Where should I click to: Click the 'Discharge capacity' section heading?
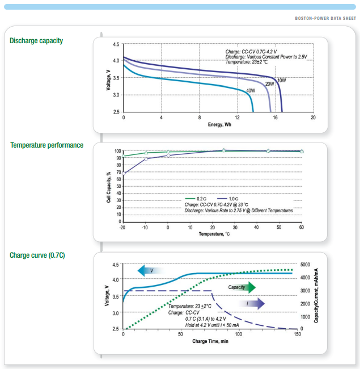[36, 41]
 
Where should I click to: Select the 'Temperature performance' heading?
[46, 145]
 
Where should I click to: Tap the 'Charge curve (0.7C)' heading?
[37, 255]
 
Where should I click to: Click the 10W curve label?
[282, 81]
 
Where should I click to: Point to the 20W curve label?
[270, 84]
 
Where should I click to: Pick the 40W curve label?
[251, 91]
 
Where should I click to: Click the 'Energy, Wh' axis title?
[219, 124]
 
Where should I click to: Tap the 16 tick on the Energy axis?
[275, 117]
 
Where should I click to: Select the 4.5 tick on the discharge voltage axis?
[116, 44]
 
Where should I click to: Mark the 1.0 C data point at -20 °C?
[124, 173]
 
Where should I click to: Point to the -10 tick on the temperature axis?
[146, 227]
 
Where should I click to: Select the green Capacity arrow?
[241, 287]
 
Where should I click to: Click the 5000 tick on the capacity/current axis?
[306, 265]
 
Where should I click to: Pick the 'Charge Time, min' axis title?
[210, 341]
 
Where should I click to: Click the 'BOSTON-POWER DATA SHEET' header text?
[325, 18]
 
